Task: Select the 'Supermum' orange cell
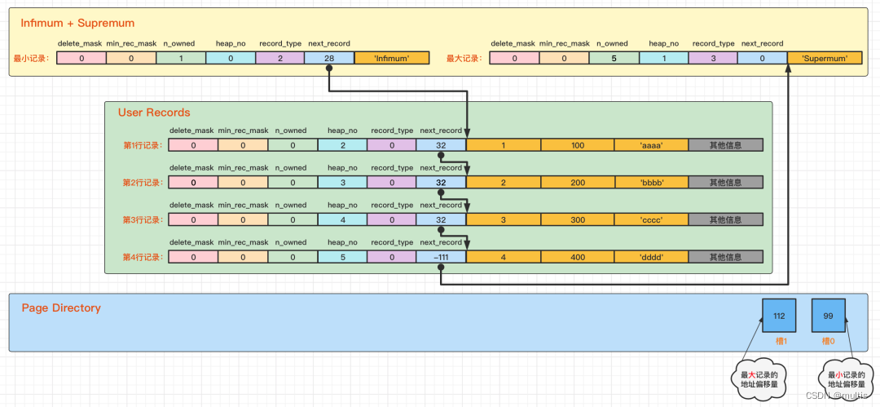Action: pos(825,59)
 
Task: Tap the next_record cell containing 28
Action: pos(329,59)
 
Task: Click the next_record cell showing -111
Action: pos(441,257)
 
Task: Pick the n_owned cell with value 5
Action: pos(614,59)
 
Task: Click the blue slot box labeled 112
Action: pos(779,316)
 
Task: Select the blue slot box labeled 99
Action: pos(829,316)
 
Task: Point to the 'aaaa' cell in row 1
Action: pos(651,145)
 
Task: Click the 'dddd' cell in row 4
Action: pos(651,257)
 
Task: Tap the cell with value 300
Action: pos(577,219)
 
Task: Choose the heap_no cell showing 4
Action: pos(342,219)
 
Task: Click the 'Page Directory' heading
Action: pos(61,308)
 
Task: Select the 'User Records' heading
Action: pos(154,113)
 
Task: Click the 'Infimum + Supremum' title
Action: pos(78,23)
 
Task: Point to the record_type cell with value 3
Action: pos(713,59)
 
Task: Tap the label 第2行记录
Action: pos(142,183)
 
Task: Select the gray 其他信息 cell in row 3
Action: pos(725,219)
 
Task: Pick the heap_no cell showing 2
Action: pos(342,145)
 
